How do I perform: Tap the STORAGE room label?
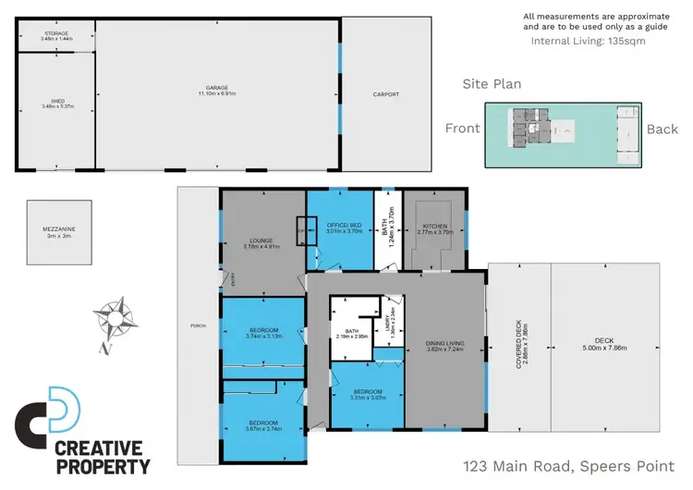[x=55, y=35]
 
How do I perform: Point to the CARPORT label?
[x=386, y=94]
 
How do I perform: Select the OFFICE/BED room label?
[x=341, y=226]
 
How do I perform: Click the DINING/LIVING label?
[x=444, y=346]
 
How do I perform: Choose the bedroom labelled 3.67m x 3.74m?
[x=262, y=425]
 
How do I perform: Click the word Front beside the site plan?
[x=463, y=129]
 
